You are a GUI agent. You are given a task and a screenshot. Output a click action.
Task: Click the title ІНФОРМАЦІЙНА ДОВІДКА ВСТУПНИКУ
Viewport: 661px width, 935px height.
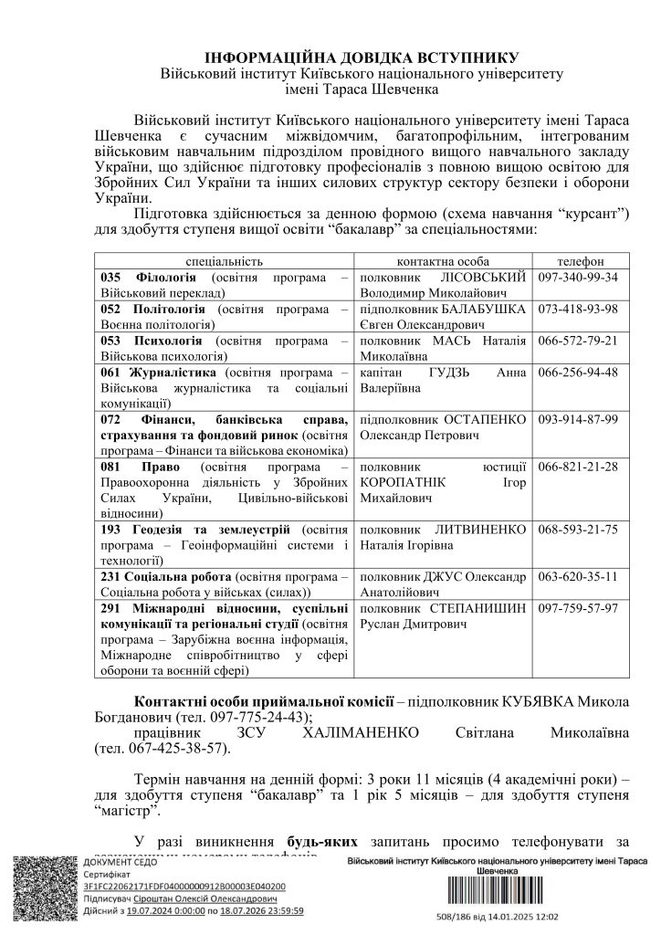(362, 56)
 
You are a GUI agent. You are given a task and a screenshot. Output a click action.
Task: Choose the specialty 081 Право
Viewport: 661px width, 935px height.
(132, 466)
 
